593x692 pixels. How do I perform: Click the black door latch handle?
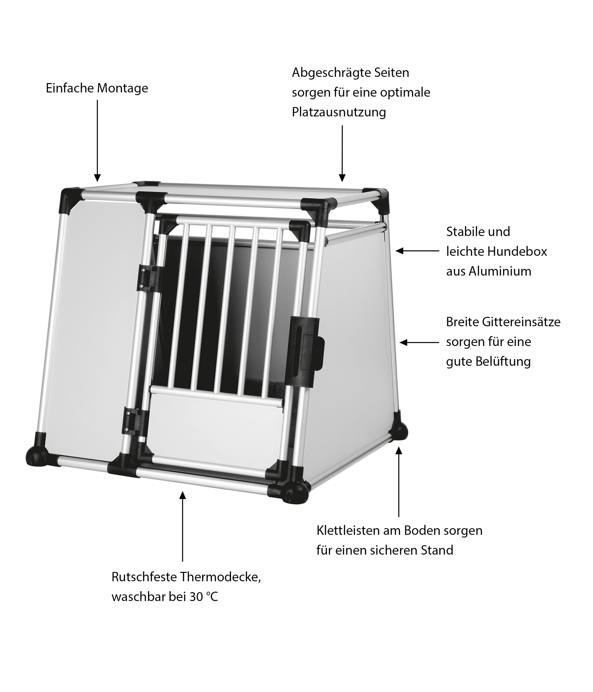tap(307, 344)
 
